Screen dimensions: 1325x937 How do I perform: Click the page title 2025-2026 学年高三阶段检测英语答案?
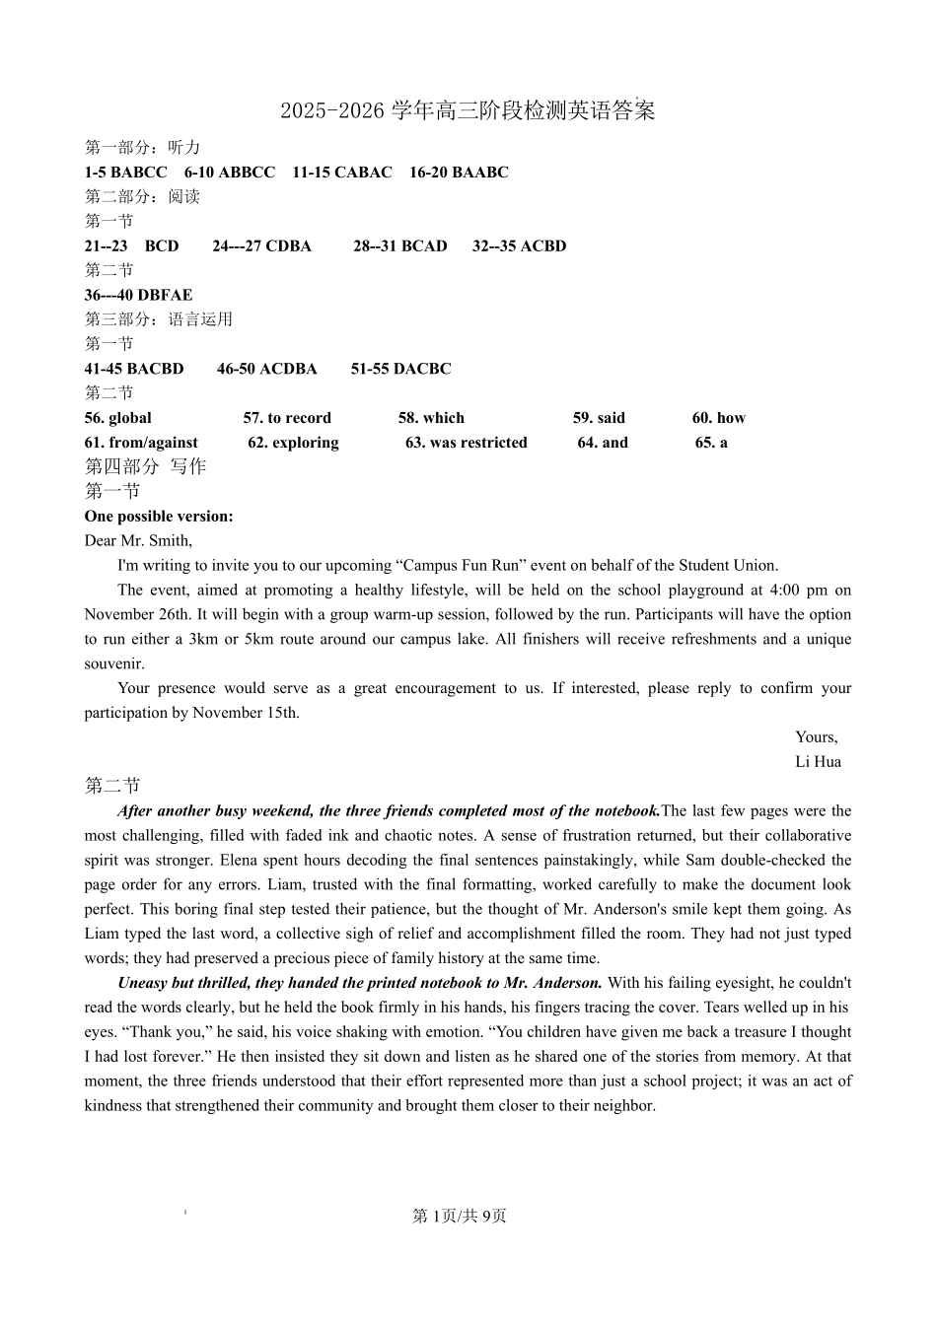(x=468, y=110)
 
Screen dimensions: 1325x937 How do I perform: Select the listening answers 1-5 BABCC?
(x=125, y=173)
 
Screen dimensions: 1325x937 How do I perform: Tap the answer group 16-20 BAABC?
(x=459, y=173)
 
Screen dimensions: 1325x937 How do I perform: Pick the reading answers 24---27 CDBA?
(x=261, y=246)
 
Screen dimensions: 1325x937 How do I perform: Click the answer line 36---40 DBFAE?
(x=138, y=295)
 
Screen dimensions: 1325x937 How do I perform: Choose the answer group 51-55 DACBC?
(x=400, y=369)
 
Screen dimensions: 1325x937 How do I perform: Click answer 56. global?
(x=117, y=418)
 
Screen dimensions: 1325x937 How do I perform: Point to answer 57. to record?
(x=287, y=418)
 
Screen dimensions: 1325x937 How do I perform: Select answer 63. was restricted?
(x=466, y=443)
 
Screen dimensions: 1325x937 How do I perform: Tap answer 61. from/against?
(x=141, y=443)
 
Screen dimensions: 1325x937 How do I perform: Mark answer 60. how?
(x=718, y=418)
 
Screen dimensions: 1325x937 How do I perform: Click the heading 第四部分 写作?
(x=145, y=466)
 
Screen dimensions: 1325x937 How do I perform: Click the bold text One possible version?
(x=159, y=517)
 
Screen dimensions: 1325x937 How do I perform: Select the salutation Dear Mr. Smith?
(x=138, y=540)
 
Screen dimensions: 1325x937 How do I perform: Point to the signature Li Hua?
(x=818, y=762)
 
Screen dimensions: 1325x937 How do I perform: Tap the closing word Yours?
(x=816, y=737)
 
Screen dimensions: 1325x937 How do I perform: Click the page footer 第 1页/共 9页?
(x=459, y=1217)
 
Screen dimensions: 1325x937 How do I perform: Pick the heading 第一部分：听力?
(x=142, y=148)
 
